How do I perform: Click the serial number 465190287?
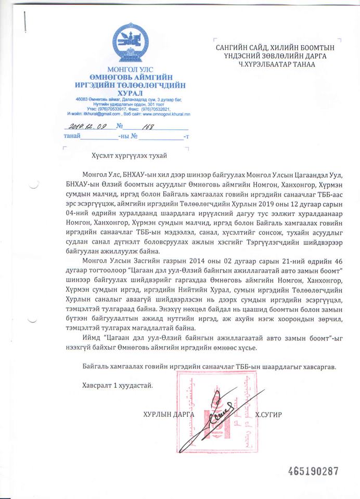point(313,471)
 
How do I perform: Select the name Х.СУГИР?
point(271,414)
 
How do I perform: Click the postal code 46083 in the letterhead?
point(76,99)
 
